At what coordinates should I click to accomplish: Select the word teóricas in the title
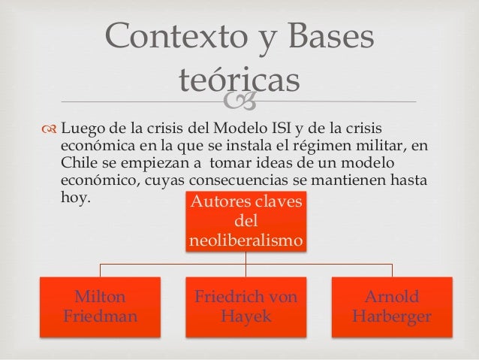pos(239,79)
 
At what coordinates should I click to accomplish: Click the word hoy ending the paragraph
pos(74,201)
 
